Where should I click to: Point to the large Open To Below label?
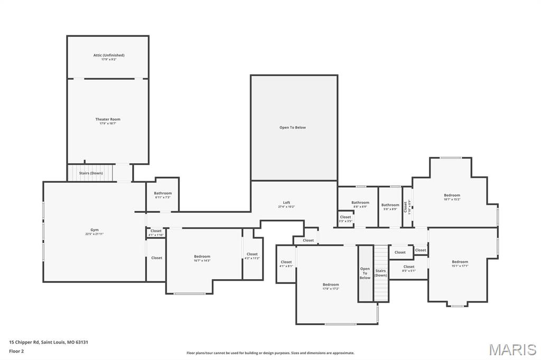pos(293,127)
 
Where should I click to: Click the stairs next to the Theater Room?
pos(90,173)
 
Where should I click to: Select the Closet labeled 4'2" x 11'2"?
pos(253,256)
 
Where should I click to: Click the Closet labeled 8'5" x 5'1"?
pos(409,268)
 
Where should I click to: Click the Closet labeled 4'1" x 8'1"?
pos(286,264)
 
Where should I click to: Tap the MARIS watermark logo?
pos(512,349)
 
